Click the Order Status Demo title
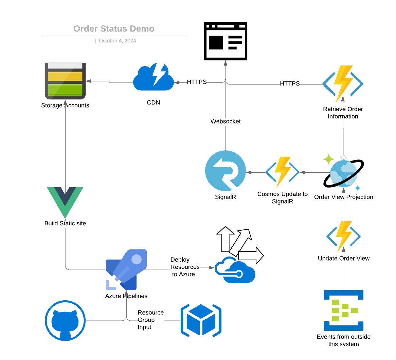[114, 29]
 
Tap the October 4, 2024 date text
[117, 41]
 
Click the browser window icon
[226, 41]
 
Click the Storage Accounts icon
[65, 81]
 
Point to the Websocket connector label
[226, 121]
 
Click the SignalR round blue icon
[226, 171]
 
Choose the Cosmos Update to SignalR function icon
[282, 172]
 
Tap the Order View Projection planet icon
[344, 173]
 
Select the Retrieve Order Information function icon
[343, 84]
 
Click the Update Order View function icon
[343, 236]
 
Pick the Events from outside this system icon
[344, 310]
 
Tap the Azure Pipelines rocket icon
[126, 270]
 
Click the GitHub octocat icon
[65, 321]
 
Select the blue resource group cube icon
[201, 321]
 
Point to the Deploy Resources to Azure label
[184, 267]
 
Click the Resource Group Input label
[150, 320]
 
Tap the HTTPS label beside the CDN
[197, 82]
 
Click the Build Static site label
[65, 223]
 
